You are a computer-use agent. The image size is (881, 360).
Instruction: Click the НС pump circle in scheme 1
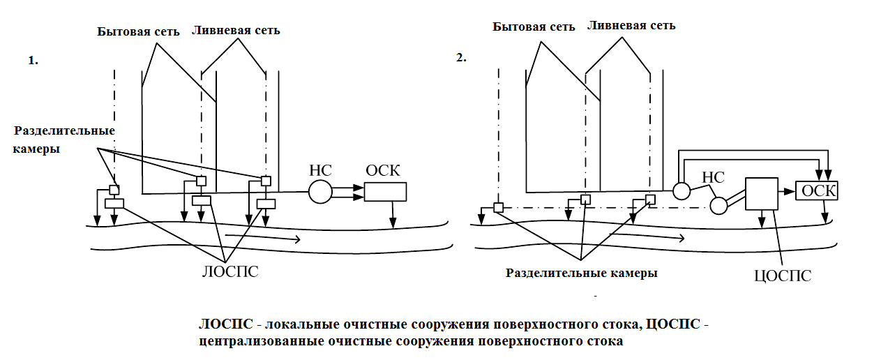[x=320, y=191]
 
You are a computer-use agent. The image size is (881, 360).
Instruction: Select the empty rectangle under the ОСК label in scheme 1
[x=385, y=192]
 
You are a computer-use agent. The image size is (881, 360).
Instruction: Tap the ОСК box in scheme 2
[x=817, y=190]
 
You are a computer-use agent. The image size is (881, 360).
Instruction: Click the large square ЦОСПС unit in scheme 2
[x=761, y=193]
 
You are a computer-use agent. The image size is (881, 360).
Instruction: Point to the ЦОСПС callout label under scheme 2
[x=783, y=275]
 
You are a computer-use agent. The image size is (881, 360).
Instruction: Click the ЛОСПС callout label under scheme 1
[x=229, y=271]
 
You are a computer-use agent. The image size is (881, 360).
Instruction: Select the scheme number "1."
[x=33, y=61]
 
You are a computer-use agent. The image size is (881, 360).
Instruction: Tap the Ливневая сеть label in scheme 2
[x=631, y=26]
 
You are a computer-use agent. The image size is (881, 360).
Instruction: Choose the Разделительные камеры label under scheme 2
[x=582, y=273]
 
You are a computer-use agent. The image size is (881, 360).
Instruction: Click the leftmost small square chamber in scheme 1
[x=114, y=190]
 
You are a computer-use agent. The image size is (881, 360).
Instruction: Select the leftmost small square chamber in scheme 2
[x=498, y=207]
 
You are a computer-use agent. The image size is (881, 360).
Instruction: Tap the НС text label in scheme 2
[x=714, y=178]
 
